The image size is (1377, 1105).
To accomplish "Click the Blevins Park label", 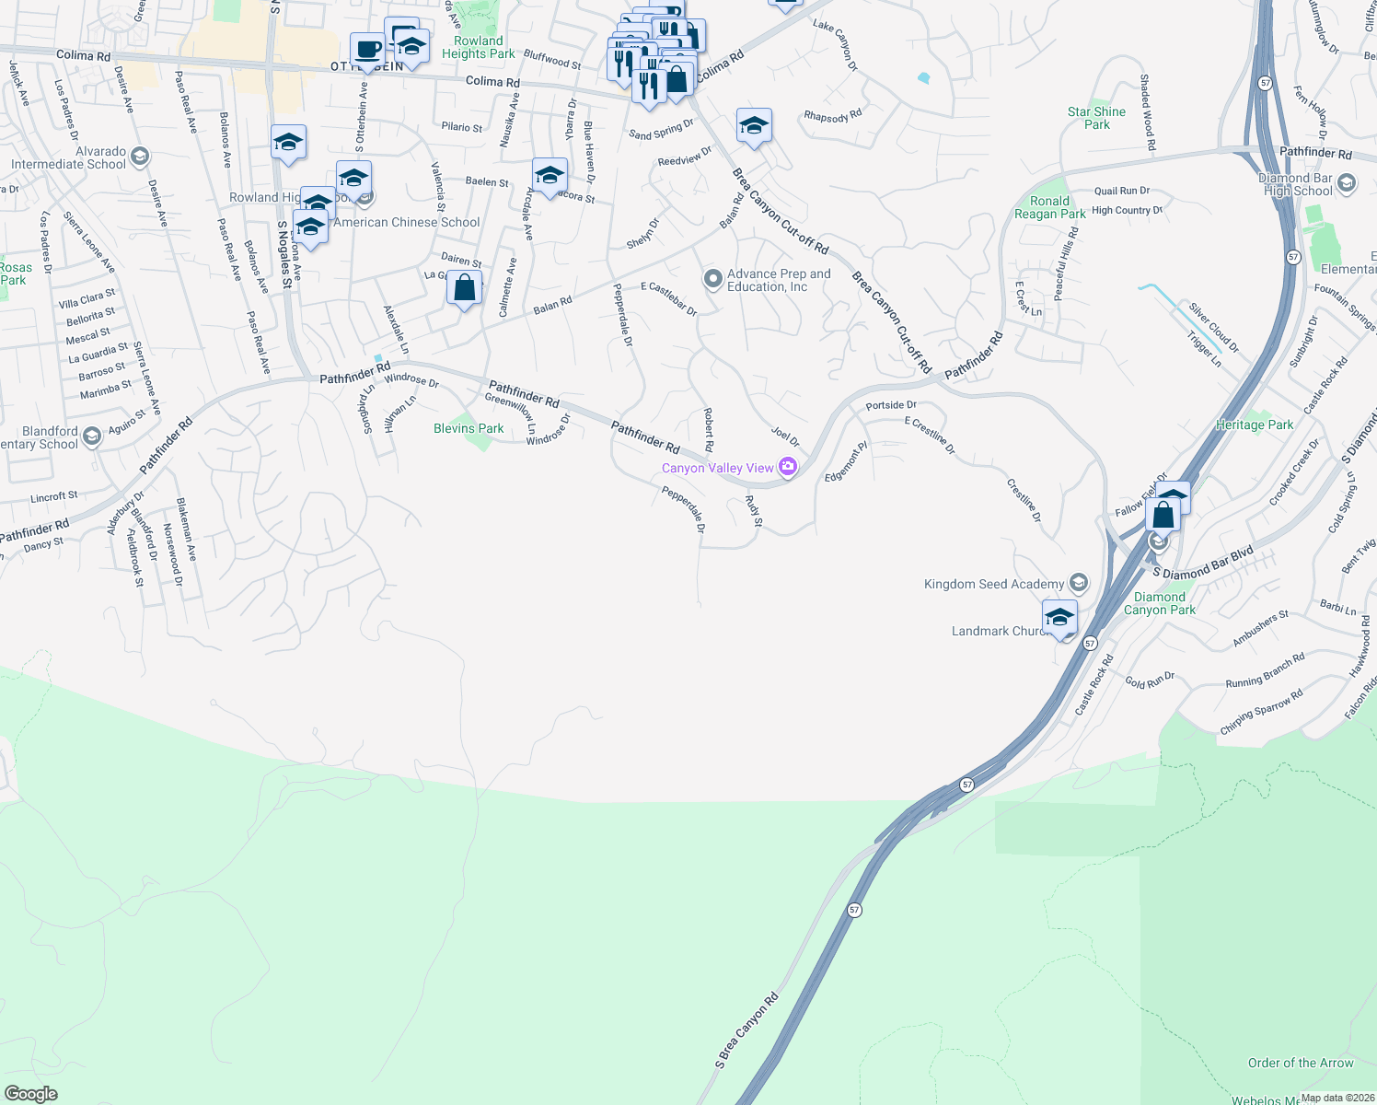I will tap(469, 428).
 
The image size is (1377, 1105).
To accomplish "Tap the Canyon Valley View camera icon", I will tap(787, 467).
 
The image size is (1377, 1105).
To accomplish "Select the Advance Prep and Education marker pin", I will tap(712, 278).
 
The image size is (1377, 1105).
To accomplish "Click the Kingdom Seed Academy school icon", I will tap(1079, 583).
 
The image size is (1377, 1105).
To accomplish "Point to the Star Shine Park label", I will tap(1096, 118).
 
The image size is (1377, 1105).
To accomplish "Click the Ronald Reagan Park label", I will tap(1049, 207).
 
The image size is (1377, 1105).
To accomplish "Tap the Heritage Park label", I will tap(1254, 425).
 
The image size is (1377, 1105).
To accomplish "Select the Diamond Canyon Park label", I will tap(1159, 603).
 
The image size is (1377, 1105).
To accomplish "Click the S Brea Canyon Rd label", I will tap(746, 1030).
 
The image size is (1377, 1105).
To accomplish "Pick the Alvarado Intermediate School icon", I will tap(140, 156).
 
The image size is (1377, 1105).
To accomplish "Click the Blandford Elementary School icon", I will tap(91, 436).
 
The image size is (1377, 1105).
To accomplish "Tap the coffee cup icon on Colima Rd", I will tap(367, 50).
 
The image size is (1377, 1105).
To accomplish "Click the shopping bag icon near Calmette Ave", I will tap(465, 287).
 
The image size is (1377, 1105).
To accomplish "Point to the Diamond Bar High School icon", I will tap(1346, 182).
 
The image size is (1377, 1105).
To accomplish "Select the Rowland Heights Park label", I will tap(478, 47).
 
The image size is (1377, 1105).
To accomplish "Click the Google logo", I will tap(30, 1094).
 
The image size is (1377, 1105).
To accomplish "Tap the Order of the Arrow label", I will tap(1300, 1063).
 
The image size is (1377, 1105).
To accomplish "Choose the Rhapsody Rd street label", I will tap(832, 116).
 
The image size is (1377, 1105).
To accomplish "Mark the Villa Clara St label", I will tap(87, 299).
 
